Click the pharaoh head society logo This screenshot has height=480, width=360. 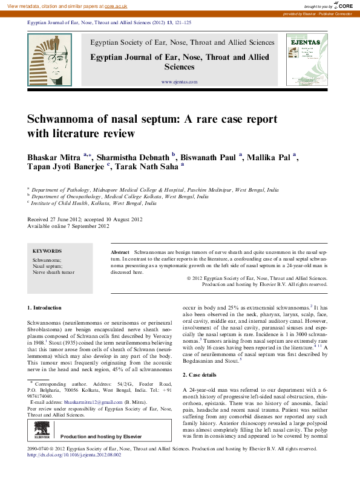pos(50,59)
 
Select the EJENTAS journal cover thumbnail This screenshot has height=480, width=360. pos(306,59)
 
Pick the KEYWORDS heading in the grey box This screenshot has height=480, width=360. pos(46,250)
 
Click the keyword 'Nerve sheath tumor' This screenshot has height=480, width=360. pos(53,273)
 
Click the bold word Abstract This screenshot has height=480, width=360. pos(120,251)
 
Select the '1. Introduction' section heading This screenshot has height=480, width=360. pos(44,308)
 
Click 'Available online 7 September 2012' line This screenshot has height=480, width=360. pos(68,226)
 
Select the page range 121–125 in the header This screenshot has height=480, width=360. pos(181,22)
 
